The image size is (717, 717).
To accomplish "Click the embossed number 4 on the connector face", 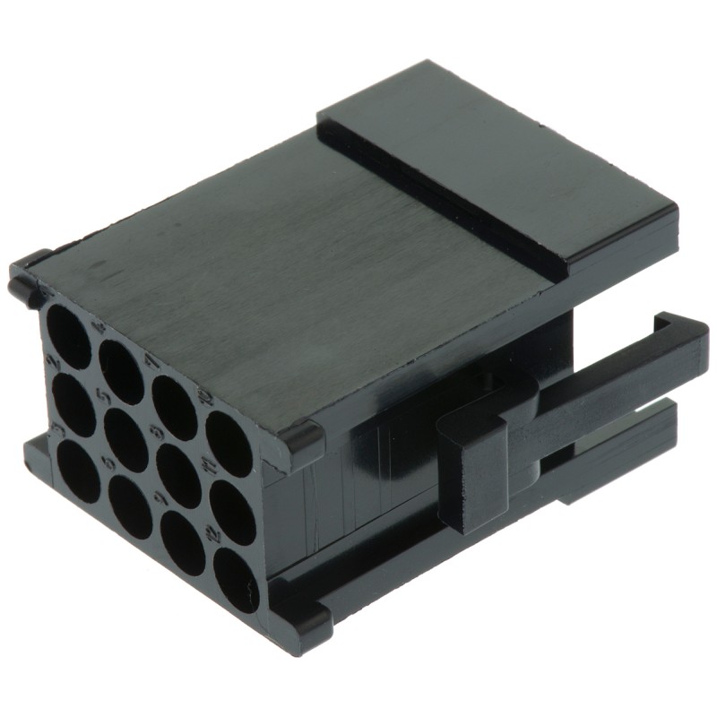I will tap(99, 328).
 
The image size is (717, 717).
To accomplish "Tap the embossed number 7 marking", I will tap(151, 360).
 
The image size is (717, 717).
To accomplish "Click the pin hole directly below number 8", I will tap(180, 475).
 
